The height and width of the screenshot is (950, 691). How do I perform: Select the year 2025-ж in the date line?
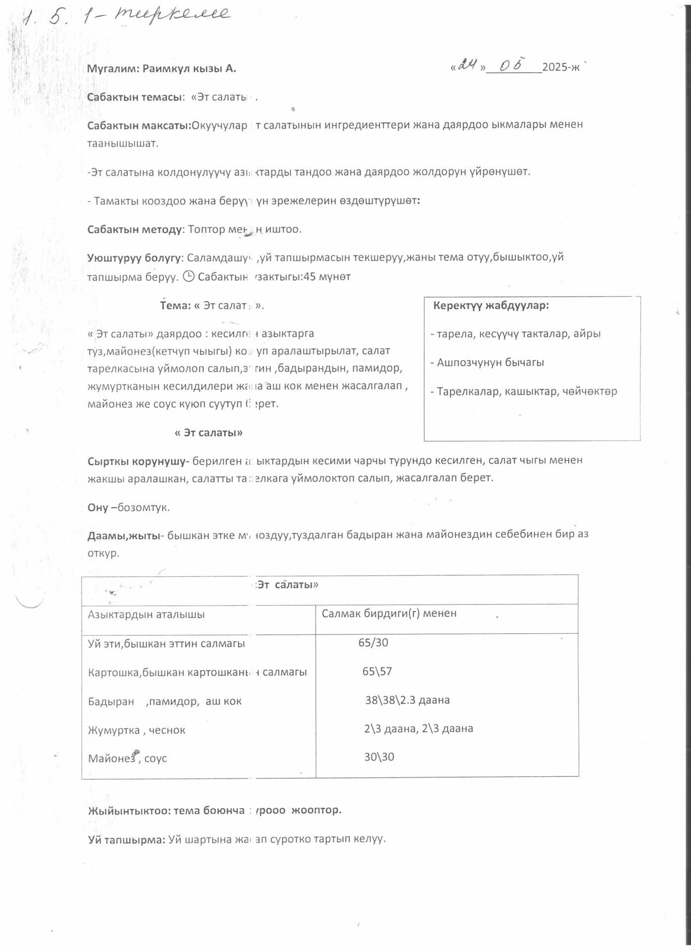point(560,68)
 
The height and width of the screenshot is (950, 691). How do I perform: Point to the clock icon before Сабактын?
point(189,276)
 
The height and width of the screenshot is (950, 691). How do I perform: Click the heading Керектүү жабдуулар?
point(491,305)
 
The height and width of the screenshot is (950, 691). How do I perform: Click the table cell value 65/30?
point(373,643)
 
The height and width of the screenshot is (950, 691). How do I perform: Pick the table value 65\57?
point(377,671)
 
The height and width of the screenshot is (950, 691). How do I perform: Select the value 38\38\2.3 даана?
point(407,700)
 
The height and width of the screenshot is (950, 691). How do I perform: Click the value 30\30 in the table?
point(379,757)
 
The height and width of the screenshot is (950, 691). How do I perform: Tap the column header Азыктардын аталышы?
point(146,615)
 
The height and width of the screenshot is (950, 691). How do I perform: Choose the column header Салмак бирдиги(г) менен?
point(389,614)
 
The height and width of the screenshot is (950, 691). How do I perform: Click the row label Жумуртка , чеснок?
point(137,730)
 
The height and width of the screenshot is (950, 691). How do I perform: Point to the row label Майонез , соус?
point(127,759)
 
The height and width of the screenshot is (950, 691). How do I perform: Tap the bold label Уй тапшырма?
point(126,839)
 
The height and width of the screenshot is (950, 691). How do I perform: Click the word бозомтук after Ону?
point(144,508)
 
